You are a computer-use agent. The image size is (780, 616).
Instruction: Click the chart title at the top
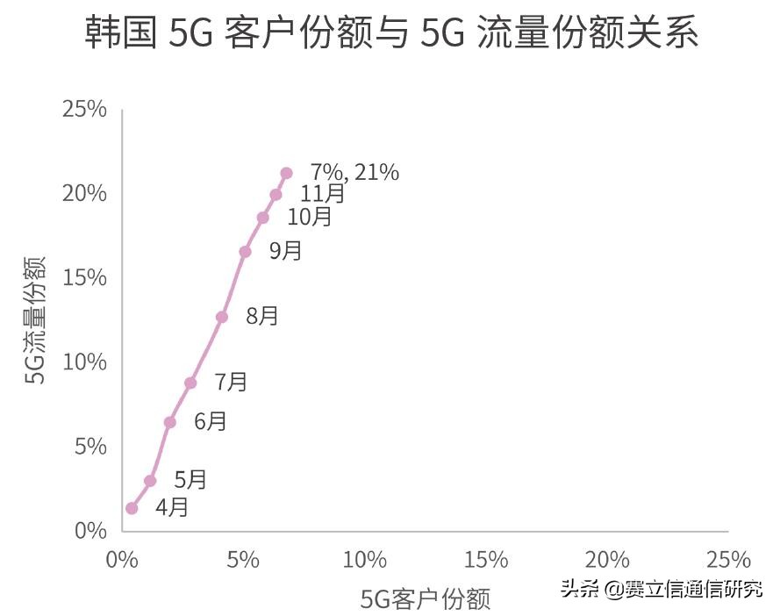coord(391,35)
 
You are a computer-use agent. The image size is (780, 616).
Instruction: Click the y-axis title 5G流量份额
coord(34,320)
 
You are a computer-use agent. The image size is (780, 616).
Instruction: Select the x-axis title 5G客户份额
coord(426,598)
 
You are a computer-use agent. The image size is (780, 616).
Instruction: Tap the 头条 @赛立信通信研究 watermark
coord(662,588)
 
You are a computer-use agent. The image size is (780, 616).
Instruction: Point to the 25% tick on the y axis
coord(84,110)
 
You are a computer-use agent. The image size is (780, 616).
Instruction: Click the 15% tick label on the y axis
coord(84,278)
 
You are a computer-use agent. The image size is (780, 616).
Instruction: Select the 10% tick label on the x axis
coord(364,560)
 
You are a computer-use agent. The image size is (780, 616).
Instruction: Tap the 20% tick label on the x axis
coord(607,560)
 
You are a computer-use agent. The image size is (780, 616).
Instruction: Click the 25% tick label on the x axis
coord(728,560)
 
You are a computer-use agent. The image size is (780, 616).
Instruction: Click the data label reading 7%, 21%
coord(354,173)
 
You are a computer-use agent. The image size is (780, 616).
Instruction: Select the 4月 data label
coord(172,506)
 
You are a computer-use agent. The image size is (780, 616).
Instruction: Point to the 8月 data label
coord(262,316)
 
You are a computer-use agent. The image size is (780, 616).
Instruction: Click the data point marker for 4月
coord(132,508)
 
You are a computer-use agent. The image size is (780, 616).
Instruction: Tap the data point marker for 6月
coord(170,422)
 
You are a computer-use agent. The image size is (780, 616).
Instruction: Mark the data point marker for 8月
coord(222,317)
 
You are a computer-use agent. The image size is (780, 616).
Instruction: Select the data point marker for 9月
coord(245,252)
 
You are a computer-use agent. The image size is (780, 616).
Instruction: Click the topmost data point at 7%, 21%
coord(286,173)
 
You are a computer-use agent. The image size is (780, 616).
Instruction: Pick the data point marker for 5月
coord(150,481)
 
